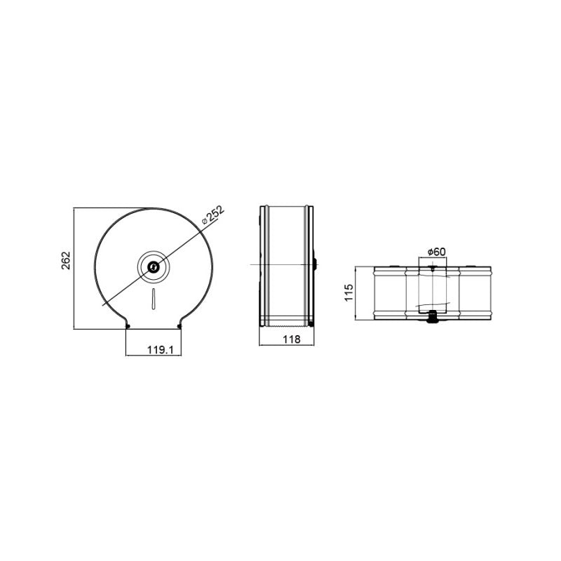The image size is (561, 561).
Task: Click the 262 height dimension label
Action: click(x=67, y=260)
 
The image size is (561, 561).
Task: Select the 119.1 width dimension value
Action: click(x=161, y=349)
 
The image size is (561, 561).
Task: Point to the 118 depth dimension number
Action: click(x=292, y=339)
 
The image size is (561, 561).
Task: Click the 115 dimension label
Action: click(x=349, y=292)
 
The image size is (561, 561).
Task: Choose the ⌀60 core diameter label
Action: click(x=437, y=252)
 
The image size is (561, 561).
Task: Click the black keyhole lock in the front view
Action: click(x=154, y=266)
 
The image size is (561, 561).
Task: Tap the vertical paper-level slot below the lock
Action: click(x=154, y=298)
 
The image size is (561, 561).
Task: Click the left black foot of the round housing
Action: click(x=128, y=326)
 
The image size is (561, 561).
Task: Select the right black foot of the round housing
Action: click(x=180, y=326)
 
